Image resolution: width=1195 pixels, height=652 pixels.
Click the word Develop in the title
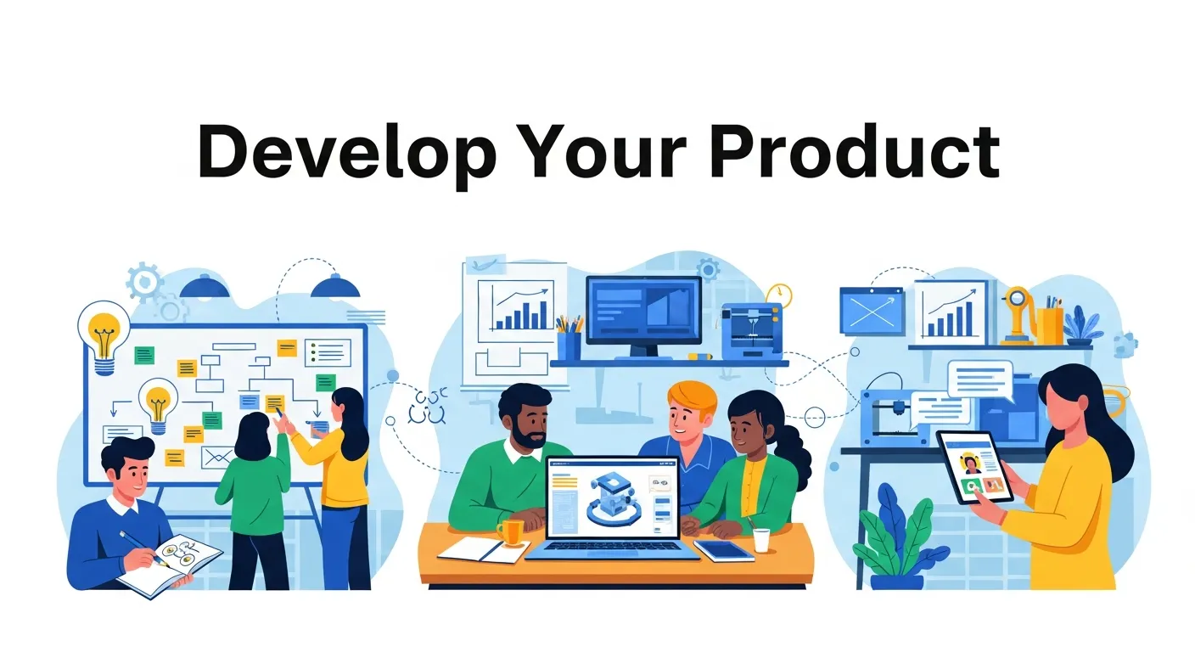click(x=347, y=154)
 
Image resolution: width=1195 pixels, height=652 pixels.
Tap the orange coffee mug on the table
click(x=511, y=532)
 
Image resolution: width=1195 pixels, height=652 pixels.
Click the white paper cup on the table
click(x=761, y=540)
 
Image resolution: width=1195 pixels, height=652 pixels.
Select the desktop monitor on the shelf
click(x=643, y=316)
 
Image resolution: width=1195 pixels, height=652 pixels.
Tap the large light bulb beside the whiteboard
click(x=104, y=336)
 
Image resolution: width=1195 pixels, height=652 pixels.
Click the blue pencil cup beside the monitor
click(x=569, y=345)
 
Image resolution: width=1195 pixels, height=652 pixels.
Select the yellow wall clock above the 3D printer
click(x=779, y=295)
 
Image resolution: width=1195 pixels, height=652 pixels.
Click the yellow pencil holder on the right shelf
click(x=1049, y=326)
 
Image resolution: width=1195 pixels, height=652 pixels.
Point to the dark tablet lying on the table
click(x=725, y=551)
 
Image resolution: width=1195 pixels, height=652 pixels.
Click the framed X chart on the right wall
click(x=872, y=312)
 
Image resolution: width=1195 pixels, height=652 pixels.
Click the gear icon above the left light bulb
click(x=144, y=281)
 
